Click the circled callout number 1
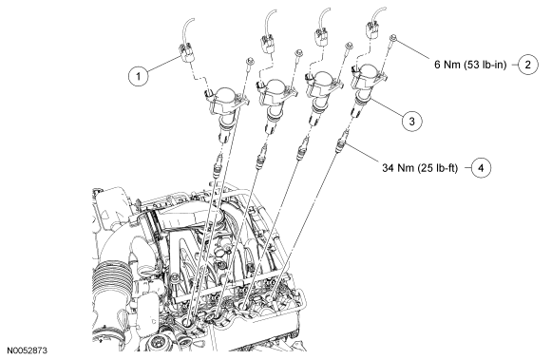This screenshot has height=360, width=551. [138, 76]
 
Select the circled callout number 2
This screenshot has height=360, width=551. [528, 65]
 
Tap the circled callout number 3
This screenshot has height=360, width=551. [412, 122]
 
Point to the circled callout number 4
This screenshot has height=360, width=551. [481, 168]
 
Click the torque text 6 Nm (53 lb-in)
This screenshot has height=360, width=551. [470, 65]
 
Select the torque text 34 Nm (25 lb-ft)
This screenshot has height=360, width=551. [420, 168]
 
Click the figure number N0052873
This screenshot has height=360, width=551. [28, 351]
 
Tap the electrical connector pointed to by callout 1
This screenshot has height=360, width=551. [186, 52]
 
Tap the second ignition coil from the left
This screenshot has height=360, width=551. [275, 99]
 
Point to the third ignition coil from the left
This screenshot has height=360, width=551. [322, 92]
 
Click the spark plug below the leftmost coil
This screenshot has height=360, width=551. [218, 164]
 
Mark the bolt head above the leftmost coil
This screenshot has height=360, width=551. [250, 61]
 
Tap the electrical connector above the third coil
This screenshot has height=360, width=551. [322, 37]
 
